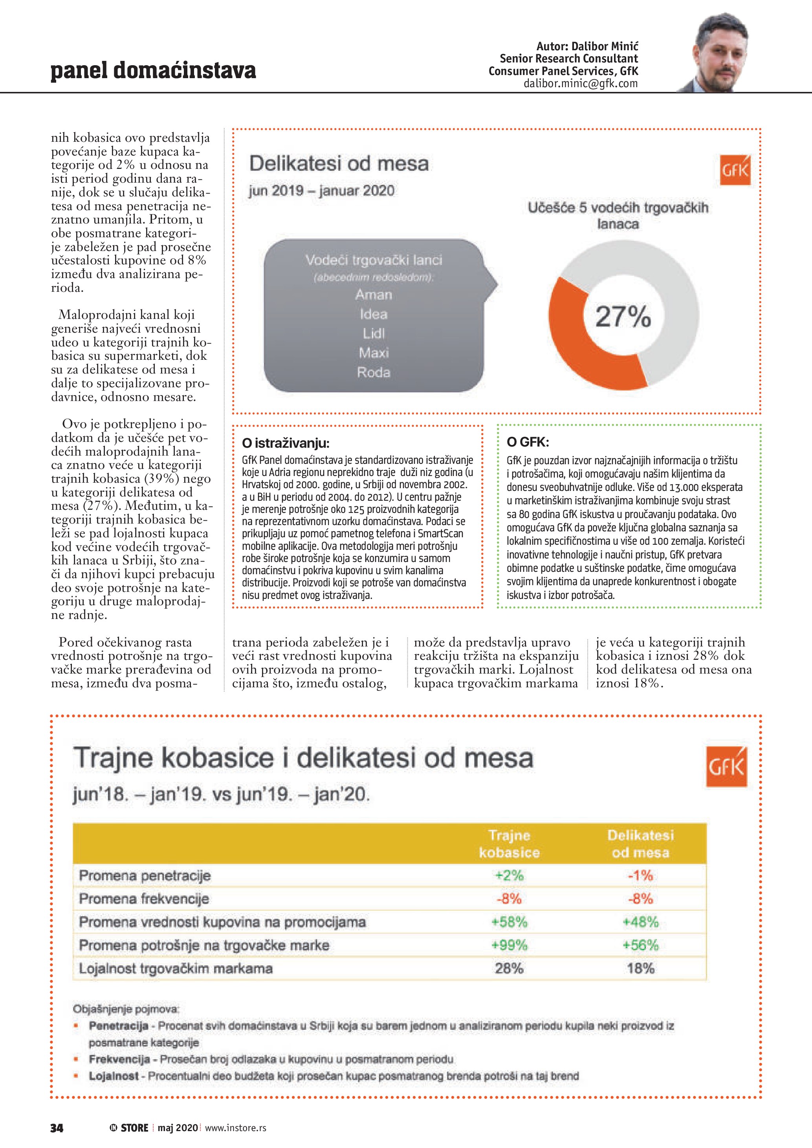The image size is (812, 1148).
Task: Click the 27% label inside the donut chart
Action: click(x=623, y=317)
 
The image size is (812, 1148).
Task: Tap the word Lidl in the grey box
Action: click(x=374, y=333)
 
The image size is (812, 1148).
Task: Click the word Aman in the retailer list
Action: click(x=374, y=295)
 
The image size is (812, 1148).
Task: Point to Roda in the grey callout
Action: click(x=374, y=372)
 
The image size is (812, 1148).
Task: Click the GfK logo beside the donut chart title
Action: click(x=735, y=170)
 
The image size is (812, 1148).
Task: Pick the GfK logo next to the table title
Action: click(x=726, y=767)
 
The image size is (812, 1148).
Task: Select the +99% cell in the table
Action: click(x=509, y=945)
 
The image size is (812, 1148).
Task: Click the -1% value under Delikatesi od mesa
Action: click(x=640, y=875)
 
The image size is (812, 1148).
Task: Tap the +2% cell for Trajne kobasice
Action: click(x=509, y=875)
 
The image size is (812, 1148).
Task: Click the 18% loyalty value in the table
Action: click(x=640, y=969)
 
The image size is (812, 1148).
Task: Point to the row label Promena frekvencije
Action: click(x=144, y=899)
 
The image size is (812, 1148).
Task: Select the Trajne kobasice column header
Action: click(x=509, y=844)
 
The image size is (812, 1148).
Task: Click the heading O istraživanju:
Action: click(x=286, y=443)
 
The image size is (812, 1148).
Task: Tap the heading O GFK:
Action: click(x=528, y=442)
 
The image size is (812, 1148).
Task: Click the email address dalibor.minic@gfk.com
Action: click(x=581, y=84)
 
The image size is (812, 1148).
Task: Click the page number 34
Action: click(x=57, y=1128)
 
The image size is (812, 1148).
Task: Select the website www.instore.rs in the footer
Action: click(x=235, y=1128)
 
